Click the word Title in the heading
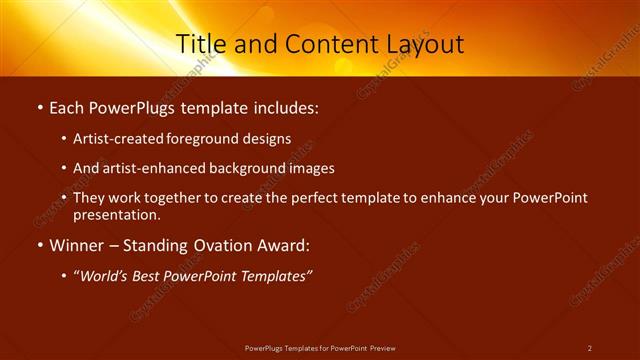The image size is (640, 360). click(x=201, y=44)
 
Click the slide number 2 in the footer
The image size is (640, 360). click(x=589, y=348)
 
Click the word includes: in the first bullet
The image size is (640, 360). click(x=286, y=105)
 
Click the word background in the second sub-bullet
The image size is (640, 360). click(x=250, y=169)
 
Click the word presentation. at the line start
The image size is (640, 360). click(x=116, y=215)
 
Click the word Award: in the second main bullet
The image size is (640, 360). click(x=283, y=245)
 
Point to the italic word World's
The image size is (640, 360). click(x=105, y=276)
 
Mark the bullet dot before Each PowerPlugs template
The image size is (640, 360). click(x=38, y=106)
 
